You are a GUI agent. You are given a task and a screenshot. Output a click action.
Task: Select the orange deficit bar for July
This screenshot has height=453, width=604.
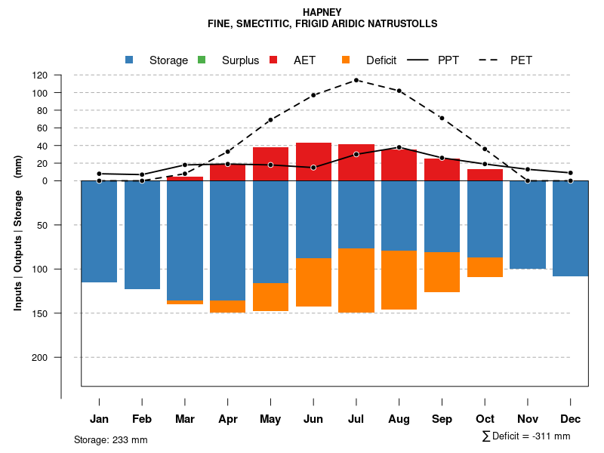356,280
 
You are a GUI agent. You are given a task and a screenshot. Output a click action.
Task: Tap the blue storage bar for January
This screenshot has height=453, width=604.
99,231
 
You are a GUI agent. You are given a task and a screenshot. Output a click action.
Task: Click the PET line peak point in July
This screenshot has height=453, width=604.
356,80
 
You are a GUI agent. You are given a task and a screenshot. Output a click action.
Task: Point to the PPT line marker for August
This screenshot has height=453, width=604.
399,147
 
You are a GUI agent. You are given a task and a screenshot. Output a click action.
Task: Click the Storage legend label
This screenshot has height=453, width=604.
168,60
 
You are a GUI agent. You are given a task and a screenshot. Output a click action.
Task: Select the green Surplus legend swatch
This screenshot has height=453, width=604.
202,60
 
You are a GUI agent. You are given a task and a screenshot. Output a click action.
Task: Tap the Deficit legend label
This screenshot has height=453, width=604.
381,60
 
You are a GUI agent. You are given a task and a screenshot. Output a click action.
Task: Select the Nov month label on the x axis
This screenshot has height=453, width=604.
528,419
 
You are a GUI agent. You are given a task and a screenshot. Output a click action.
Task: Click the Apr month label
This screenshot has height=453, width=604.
228,419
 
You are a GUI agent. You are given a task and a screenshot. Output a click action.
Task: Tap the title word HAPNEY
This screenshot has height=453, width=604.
322,12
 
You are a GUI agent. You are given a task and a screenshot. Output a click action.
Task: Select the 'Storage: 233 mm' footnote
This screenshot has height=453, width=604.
110,439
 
